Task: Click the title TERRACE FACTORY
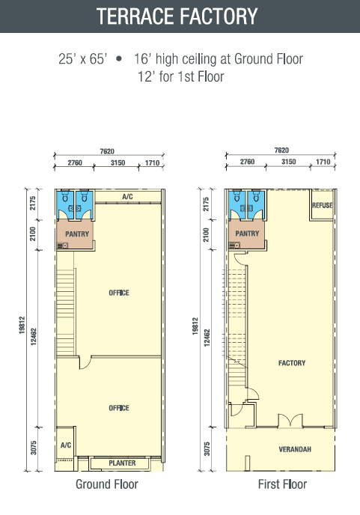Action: click(x=177, y=16)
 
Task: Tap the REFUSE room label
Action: click(x=323, y=205)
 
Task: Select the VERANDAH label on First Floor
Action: click(x=295, y=449)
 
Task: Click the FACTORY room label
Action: click(x=292, y=363)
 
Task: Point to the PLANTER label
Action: click(x=122, y=463)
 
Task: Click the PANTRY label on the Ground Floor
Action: click(x=77, y=234)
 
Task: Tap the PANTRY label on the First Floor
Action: click(x=247, y=234)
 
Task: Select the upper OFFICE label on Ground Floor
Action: click(x=119, y=293)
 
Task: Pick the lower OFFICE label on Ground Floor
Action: click(x=119, y=408)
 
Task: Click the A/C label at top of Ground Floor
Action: click(x=127, y=196)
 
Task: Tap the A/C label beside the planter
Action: click(x=66, y=445)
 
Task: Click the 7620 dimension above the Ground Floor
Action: click(x=107, y=151)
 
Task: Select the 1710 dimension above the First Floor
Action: click(x=323, y=162)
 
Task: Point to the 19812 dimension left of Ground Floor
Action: click(x=22, y=325)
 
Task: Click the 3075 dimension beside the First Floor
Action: click(x=207, y=448)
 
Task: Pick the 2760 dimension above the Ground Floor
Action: click(x=75, y=162)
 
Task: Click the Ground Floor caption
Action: click(x=107, y=484)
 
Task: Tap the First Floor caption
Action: click(x=282, y=484)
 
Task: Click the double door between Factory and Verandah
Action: click(x=290, y=421)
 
